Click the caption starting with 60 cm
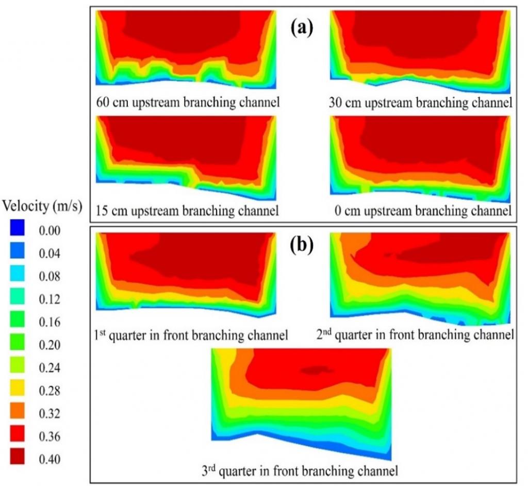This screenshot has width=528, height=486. click(x=188, y=103)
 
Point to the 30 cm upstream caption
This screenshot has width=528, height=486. click(x=420, y=103)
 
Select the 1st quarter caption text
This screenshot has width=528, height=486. click(x=191, y=335)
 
